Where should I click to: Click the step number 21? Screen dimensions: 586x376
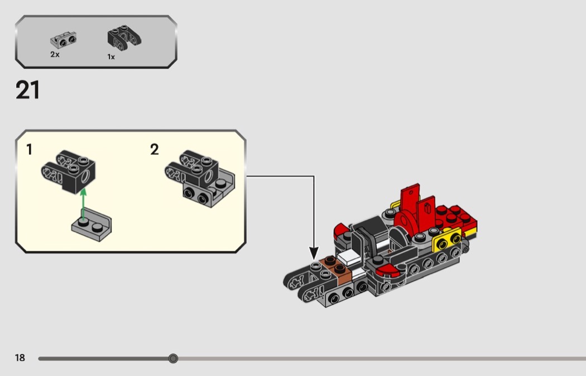tap(28, 90)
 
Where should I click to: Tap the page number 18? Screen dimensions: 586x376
tap(20, 358)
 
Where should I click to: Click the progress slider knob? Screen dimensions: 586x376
tap(172, 359)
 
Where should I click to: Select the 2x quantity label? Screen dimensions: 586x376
tap(55, 55)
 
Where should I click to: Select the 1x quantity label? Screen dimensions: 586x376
tap(111, 57)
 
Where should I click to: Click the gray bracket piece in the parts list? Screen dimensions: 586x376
tap(64, 40)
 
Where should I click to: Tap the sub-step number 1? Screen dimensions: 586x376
tap(29, 150)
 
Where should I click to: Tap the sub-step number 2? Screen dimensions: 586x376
tap(155, 150)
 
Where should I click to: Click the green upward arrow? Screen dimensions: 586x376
tap(83, 204)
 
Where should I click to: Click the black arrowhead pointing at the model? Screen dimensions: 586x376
tap(314, 253)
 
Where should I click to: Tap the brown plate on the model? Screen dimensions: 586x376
tap(335, 269)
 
